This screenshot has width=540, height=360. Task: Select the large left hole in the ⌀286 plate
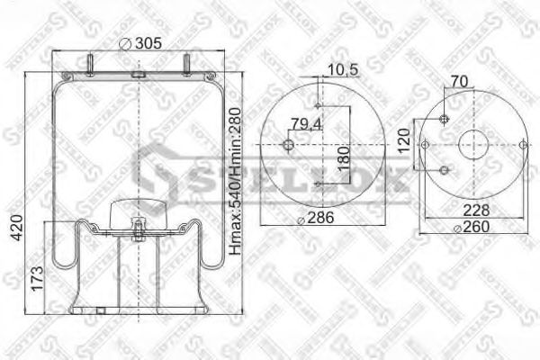288,147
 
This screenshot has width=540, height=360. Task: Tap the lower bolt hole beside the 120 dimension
444,171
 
